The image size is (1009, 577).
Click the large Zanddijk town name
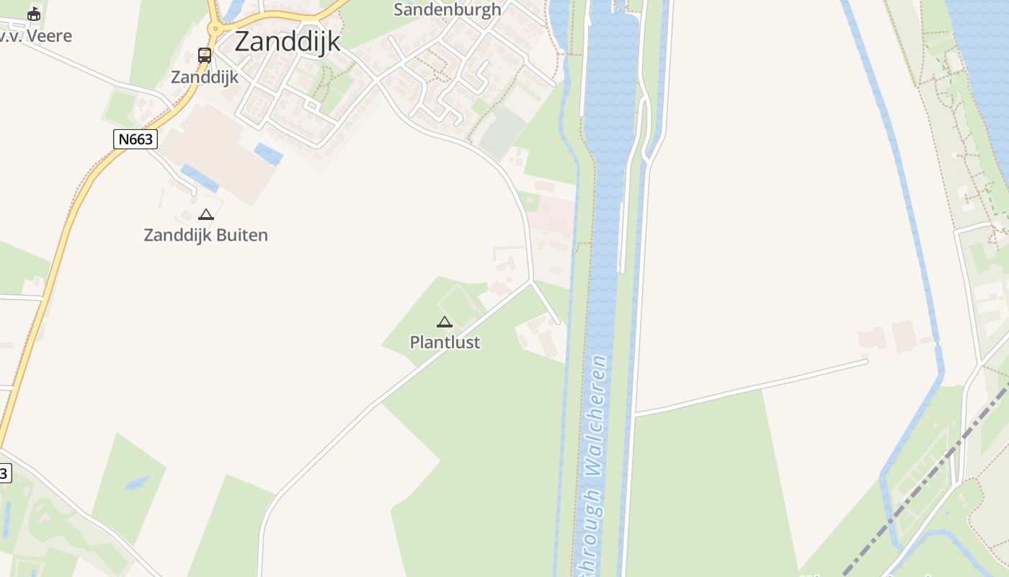[288, 41]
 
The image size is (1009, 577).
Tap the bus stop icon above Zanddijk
[205, 55]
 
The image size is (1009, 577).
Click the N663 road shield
[135, 138]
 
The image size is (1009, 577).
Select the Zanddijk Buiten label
[206, 235]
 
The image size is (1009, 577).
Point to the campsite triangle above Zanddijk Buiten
[206, 214]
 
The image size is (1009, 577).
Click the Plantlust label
[445, 343]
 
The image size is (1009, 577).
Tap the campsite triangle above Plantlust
[445, 322]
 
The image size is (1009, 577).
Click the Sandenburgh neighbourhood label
[447, 10]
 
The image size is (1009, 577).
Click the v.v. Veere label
[36, 36]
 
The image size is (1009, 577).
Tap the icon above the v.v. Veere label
[34, 14]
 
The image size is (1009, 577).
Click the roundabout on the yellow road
[215, 29]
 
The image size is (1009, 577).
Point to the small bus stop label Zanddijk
[205, 76]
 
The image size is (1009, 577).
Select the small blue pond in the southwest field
[137, 483]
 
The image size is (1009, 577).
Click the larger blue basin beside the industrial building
[200, 178]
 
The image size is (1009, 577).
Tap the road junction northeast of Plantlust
[532, 281]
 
